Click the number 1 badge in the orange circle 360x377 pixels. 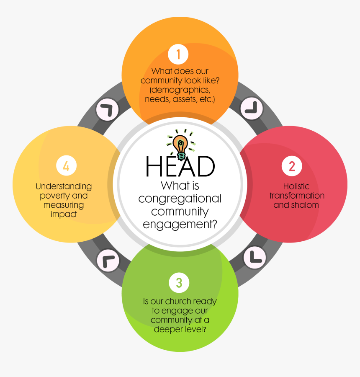[178, 55]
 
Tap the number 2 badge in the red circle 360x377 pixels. [291, 166]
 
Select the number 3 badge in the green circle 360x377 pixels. [179, 283]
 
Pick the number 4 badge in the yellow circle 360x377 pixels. [66, 166]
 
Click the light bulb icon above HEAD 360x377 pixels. [180, 146]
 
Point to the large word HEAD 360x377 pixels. [180, 166]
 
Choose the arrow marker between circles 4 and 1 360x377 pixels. [107, 110]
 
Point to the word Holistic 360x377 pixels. [297, 186]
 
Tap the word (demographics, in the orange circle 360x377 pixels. [180, 90]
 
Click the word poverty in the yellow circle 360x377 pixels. [53, 196]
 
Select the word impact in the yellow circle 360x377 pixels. [64, 214]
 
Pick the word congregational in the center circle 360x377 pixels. [180, 198]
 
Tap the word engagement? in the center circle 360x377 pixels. [180, 224]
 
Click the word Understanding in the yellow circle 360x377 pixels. [64, 186]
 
